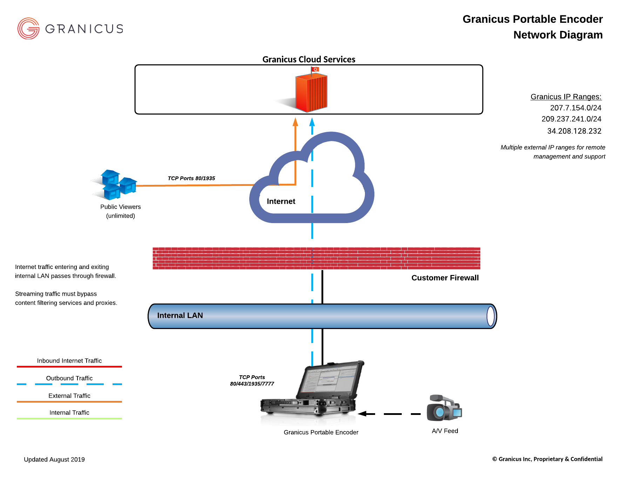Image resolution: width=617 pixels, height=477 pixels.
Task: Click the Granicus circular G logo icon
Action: (x=28, y=28)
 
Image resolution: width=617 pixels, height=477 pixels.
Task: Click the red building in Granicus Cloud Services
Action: (x=311, y=93)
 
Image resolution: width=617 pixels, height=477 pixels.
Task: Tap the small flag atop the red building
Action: (x=315, y=69)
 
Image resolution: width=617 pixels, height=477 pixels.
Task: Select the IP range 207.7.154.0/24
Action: (x=576, y=108)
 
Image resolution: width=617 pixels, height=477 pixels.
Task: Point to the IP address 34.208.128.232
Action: (x=574, y=131)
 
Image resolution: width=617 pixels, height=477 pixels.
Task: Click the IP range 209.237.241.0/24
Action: (x=571, y=119)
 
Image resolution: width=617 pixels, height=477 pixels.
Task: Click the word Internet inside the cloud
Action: (x=281, y=201)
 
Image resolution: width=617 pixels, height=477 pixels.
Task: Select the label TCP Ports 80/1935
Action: (x=191, y=178)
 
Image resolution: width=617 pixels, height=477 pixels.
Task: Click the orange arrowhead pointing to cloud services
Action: (x=295, y=122)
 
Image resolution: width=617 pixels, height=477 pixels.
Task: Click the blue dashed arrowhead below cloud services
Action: (x=312, y=122)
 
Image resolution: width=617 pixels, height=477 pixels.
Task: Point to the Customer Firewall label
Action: (x=445, y=278)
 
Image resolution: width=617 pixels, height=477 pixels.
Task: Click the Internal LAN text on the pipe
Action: (x=180, y=315)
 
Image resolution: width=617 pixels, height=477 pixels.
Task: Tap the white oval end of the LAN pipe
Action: (x=491, y=316)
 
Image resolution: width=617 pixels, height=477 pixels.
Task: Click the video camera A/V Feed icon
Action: (x=444, y=409)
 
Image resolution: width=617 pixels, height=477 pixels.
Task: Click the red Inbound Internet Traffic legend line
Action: (x=69, y=367)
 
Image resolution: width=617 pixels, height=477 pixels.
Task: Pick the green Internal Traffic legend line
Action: (x=69, y=418)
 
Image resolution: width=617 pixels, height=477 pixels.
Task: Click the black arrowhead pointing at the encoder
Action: (x=362, y=414)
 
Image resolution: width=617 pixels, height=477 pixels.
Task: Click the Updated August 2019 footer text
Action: (x=54, y=459)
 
